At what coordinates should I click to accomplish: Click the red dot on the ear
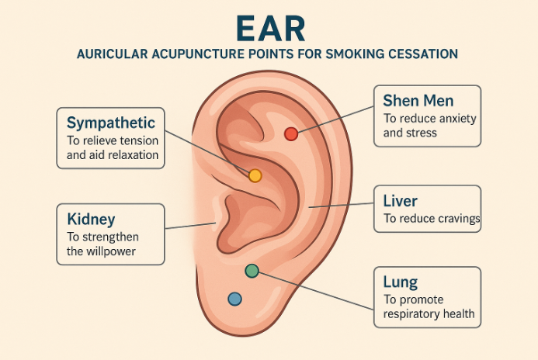[x=291, y=133]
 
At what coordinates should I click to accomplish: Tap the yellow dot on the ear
[x=255, y=175]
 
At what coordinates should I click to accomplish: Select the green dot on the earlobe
[x=252, y=271]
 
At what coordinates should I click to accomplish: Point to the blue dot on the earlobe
[x=234, y=299]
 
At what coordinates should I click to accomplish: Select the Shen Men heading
[x=418, y=101]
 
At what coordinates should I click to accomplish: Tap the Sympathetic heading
[x=111, y=123]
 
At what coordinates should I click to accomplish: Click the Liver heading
[x=401, y=202]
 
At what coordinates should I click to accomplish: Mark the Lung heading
[x=401, y=282]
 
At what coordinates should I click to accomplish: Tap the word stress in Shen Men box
[x=422, y=133]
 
